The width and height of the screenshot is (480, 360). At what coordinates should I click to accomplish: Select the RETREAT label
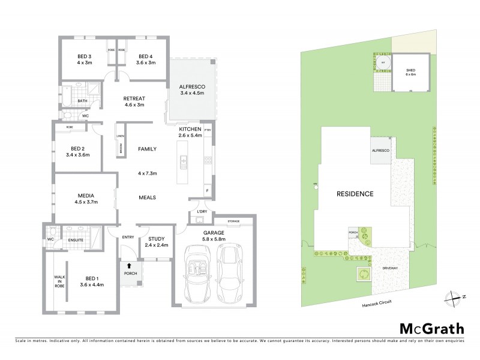[x=135, y=98]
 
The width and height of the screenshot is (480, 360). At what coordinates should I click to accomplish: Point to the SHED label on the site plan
[x=410, y=71]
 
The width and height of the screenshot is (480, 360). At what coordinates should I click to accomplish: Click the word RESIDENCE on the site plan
[x=355, y=194]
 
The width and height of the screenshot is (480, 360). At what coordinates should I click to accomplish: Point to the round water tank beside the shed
[x=382, y=62]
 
